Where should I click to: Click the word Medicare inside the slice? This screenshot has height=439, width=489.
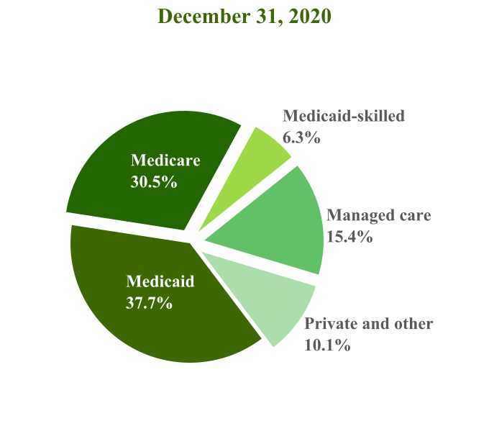165,160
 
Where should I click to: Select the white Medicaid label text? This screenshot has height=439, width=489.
160,281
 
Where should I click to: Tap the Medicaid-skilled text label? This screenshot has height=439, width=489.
344,116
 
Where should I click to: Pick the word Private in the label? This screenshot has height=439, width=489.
328,324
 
